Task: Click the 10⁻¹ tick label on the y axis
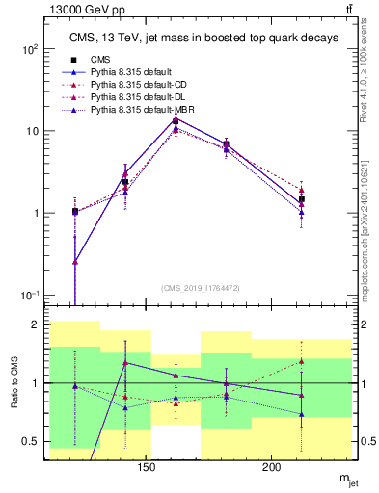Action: click(x=30, y=295)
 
